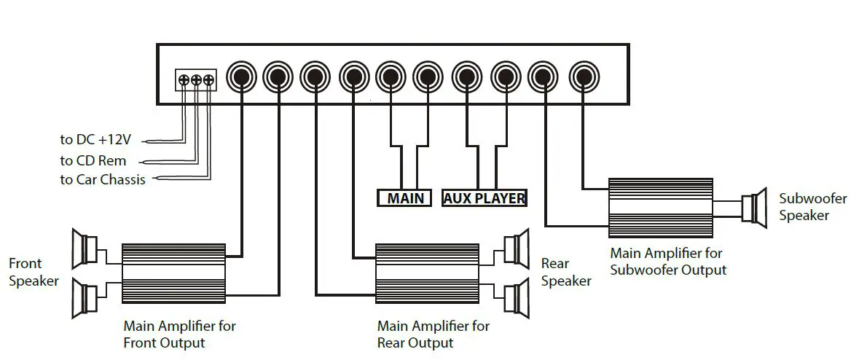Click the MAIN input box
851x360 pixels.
405,198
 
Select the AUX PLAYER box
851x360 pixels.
484,198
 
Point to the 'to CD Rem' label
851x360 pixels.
93,160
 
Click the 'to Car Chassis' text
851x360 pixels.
103,179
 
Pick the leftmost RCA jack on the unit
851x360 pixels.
241,76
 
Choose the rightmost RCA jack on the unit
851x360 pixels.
583,76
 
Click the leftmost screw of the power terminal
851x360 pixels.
184,80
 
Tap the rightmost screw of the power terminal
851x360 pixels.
209,80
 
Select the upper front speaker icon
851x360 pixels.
85,249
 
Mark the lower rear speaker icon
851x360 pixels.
516,298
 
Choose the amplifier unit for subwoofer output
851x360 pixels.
660,208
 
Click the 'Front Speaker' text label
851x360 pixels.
34,272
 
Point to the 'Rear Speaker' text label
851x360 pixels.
566,272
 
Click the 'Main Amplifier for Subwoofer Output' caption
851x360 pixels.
668,262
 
